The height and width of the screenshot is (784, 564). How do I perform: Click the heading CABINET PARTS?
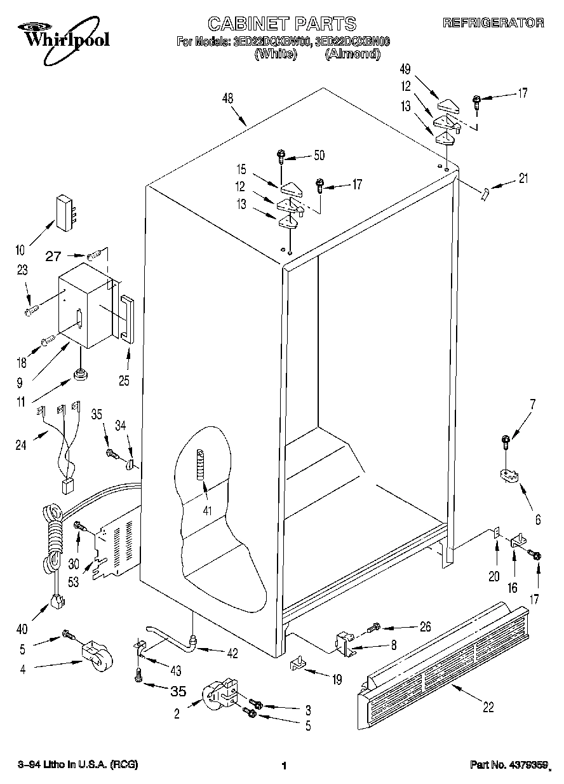pos(282,24)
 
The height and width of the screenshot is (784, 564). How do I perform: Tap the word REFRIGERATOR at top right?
pos(493,23)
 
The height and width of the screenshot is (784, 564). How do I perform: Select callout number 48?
pos(228,98)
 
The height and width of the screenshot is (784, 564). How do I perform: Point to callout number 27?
pos(55,257)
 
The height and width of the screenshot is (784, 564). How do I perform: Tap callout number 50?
pos(319,155)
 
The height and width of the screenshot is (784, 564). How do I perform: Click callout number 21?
pos(523,179)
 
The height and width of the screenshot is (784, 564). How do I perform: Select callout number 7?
pos(532,403)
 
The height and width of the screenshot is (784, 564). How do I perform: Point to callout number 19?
pos(336,680)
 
